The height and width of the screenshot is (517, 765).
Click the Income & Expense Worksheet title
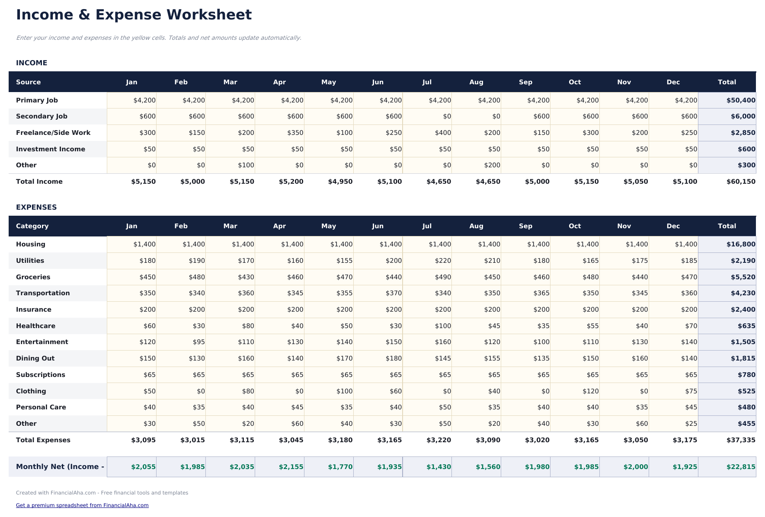pos(134,15)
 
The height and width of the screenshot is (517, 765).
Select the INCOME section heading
pos(32,63)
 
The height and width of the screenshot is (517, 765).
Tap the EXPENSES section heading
pos(36,207)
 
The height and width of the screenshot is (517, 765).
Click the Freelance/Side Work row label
pos(53,133)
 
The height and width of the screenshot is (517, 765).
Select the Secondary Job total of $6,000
pos(743,116)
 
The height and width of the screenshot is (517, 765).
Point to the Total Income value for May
pos(340,182)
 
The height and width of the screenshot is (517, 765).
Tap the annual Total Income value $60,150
pos(741,182)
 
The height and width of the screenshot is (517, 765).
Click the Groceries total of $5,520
pos(743,277)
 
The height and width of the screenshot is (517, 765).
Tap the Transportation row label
pos(43,293)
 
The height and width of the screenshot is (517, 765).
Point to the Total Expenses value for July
pos(439,440)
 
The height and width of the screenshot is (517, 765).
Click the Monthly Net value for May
pos(340,467)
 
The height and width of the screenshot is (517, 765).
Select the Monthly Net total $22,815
pos(741,467)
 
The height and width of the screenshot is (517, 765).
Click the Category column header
pos(32,226)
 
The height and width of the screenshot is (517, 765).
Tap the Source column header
pos(29,82)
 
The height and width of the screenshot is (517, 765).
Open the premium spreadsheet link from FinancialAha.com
pos(82,505)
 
